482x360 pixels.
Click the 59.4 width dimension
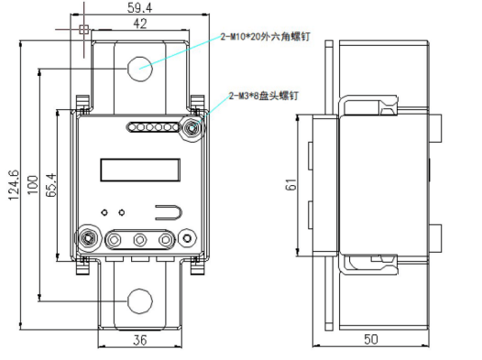click(139, 8)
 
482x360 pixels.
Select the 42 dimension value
click(140, 24)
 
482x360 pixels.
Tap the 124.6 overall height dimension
click(14, 185)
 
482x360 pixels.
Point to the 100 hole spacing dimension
click(33, 185)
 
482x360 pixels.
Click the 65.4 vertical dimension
click(51, 185)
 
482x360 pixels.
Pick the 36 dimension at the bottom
click(140, 340)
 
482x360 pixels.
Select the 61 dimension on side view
click(290, 184)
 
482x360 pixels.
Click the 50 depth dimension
click(371, 339)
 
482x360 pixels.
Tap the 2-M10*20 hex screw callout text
click(266, 37)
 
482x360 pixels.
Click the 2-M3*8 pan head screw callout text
click(263, 96)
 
